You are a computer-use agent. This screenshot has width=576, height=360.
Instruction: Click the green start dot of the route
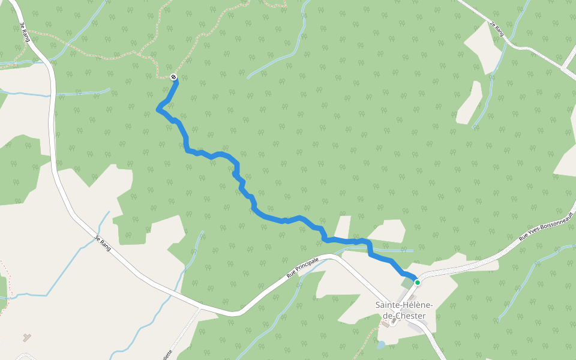point(417,282)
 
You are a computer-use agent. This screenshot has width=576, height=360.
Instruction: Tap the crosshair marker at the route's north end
point(173,77)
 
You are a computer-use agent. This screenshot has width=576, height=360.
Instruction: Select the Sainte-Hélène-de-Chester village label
point(404,310)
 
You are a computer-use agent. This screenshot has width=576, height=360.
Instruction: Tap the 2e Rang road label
point(495,29)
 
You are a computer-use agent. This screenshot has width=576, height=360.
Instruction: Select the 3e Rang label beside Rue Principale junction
point(103,242)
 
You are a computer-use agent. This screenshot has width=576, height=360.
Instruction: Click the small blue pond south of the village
point(380,345)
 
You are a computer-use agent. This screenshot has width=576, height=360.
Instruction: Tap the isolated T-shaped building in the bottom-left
point(26,337)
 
